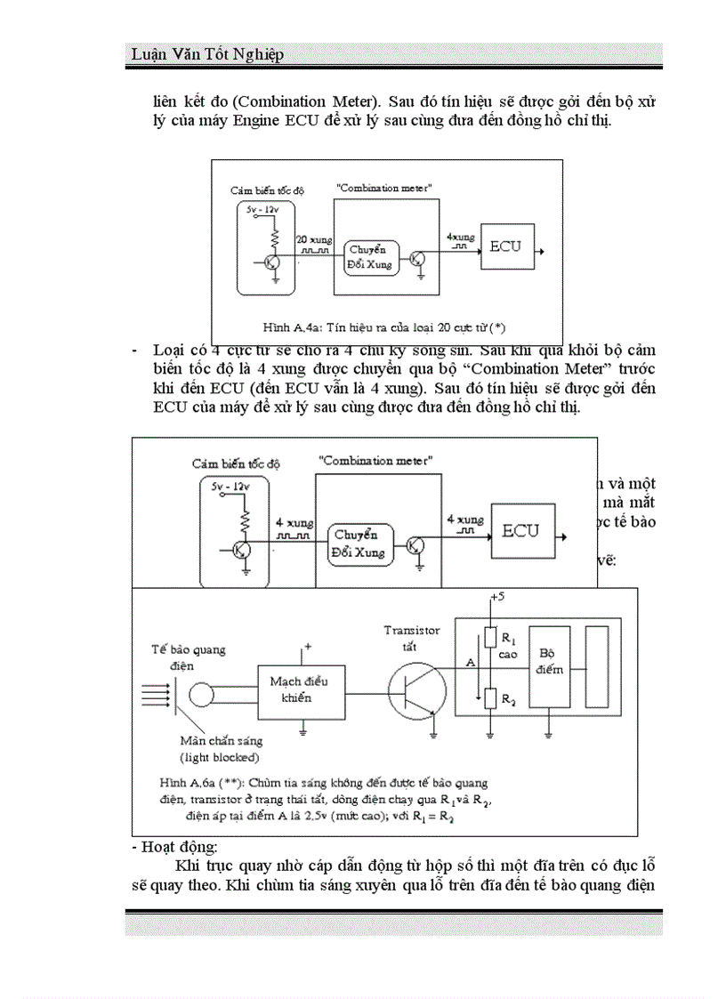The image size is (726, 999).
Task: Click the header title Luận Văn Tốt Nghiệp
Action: [x=207, y=55]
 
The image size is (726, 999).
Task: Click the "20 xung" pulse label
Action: [x=291, y=240]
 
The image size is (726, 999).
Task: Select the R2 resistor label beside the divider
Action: [x=508, y=700]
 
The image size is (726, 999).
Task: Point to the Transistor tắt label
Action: [x=411, y=637]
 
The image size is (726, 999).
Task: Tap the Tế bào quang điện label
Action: [x=188, y=657]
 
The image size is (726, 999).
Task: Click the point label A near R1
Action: [x=471, y=663]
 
